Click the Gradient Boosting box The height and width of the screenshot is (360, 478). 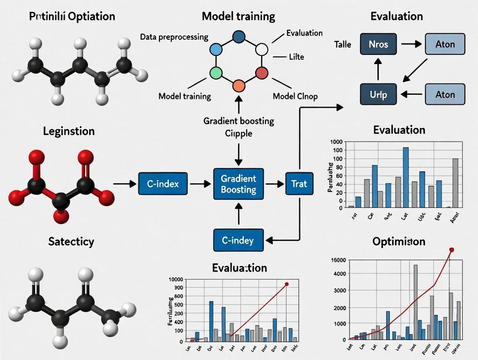coord(238,184)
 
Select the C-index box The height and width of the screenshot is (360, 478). coord(165,184)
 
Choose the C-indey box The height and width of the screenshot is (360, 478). coord(238,240)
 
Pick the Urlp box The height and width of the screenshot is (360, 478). coord(378,94)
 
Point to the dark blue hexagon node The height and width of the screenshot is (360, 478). coord(239,37)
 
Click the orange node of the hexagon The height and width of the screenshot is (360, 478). coord(239,86)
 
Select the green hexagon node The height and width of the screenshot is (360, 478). coord(216,73)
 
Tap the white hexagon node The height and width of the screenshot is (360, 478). coord(262,49)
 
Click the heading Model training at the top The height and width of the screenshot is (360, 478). coord(238,17)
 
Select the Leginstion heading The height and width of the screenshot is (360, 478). coord(69,131)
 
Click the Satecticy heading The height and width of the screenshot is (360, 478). coord(71,241)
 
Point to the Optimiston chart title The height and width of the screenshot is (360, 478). coord(399,241)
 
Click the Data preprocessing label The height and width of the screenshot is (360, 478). coord(174,37)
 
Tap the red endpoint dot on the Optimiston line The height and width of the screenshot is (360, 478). coord(452,250)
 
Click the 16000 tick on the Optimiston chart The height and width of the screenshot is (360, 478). coord(339,260)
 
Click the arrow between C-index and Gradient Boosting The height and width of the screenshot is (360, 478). coord(200,184)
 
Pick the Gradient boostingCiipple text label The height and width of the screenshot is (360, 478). coord(239,127)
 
